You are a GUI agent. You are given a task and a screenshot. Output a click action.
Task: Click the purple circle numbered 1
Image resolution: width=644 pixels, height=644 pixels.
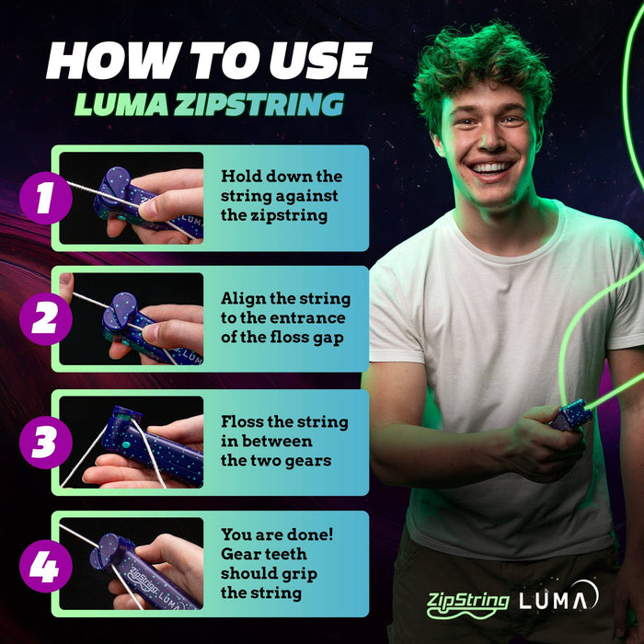pyautogui.click(x=45, y=199)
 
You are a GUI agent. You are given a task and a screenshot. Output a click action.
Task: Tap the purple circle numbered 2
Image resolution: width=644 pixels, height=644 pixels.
pyautogui.click(x=45, y=318)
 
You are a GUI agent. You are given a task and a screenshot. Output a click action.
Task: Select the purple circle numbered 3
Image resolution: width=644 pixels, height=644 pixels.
pyautogui.click(x=45, y=443)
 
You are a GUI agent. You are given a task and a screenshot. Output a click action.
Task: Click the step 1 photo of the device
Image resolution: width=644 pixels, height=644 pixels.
pyautogui.click(x=131, y=198)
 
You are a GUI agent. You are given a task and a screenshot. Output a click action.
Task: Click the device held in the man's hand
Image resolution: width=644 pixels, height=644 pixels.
pyautogui.click(x=571, y=416)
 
